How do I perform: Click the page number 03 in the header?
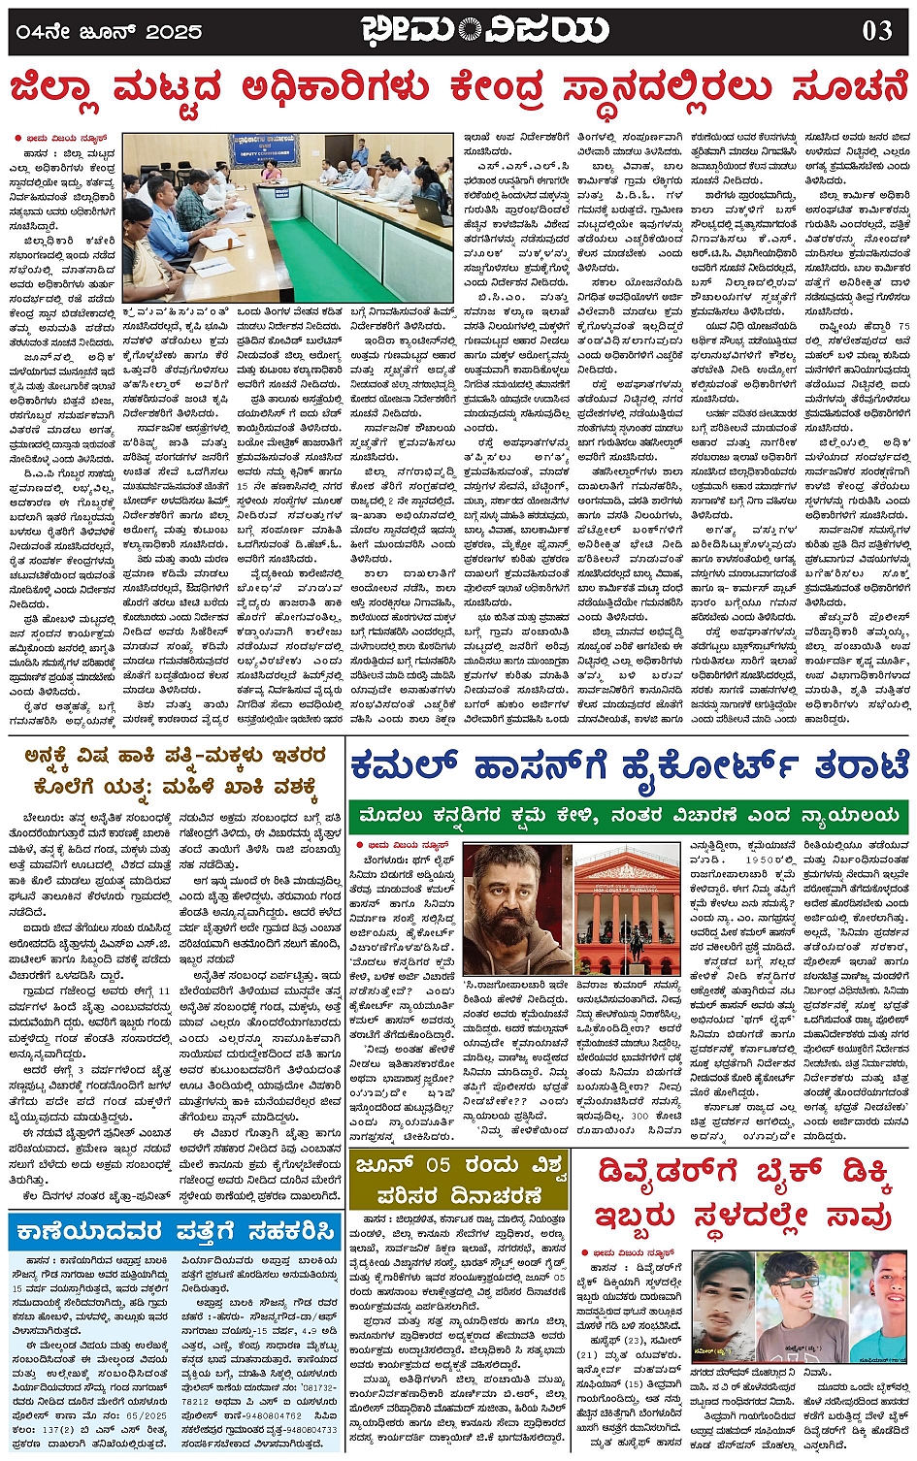[876, 30]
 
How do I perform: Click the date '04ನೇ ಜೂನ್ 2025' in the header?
[108, 31]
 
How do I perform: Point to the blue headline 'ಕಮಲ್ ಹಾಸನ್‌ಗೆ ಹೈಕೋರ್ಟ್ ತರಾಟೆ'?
[629, 765]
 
